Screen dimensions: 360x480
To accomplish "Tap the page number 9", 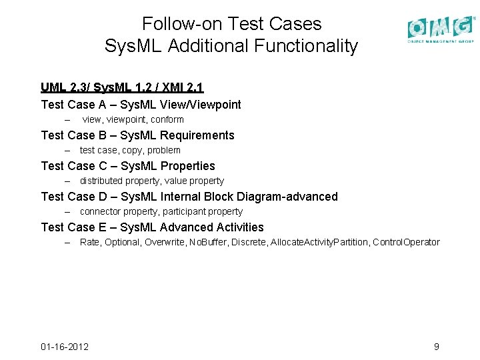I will [x=436, y=347].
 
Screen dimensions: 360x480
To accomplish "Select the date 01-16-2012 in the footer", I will [x=65, y=347].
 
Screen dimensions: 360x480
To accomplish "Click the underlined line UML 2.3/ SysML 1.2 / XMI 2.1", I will [x=122, y=87].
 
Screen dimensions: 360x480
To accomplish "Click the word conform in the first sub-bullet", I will [x=167, y=120].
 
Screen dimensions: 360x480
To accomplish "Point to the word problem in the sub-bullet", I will [x=164, y=151].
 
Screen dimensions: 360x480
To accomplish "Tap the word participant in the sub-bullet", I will [x=180, y=212].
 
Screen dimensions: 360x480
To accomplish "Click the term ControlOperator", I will [x=406, y=243].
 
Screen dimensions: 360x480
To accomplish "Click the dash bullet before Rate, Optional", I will [x=67, y=243].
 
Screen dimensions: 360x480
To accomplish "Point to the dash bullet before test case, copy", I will [x=67, y=151].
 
